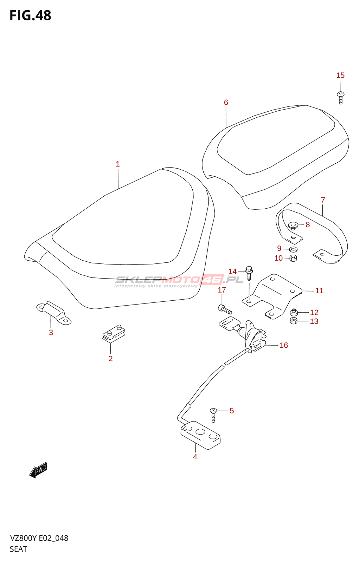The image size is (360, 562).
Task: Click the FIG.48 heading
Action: point(30,15)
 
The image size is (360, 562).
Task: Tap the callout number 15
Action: point(340,76)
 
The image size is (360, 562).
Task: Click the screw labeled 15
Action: point(340,97)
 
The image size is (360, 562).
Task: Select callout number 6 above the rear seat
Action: point(226,103)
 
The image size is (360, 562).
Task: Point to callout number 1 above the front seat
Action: point(118,164)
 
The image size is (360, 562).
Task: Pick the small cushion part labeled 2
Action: point(113,333)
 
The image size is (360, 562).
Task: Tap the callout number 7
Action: point(323,200)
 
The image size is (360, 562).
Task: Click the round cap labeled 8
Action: point(293,225)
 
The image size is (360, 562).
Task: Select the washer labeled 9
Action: point(293,249)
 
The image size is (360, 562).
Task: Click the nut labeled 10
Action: point(293,259)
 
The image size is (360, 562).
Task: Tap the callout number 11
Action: point(319,291)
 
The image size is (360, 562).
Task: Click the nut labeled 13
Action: point(294,321)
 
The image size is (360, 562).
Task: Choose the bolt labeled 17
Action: point(225,310)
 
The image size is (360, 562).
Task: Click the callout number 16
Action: point(283,346)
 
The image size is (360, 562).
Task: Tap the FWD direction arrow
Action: point(38,470)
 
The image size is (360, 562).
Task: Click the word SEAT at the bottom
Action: point(18,549)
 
